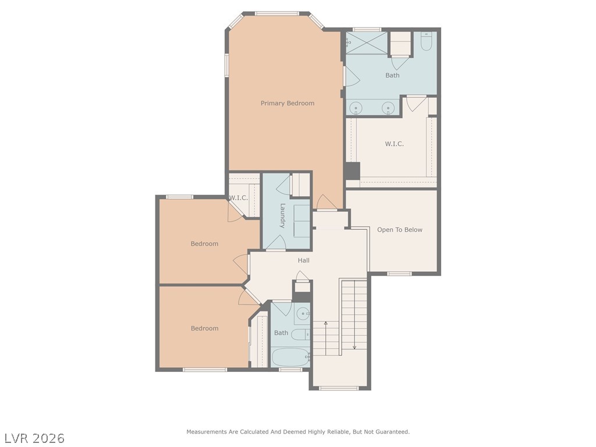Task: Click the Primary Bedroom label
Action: pos(288,103)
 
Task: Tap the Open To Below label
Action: pos(399,229)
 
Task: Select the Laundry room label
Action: pos(282,215)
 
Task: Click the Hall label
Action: pos(303,260)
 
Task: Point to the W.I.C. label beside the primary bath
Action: pos(394,144)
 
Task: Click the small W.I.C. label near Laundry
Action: pos(238,198)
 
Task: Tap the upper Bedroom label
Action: pos(204,243)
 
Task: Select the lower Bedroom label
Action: pos(204,328)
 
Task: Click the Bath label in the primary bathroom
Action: pos(392,75)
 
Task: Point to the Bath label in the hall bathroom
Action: pos(281,333)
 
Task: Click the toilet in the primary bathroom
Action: pos(426,41)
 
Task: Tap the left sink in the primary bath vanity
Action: pos(356,108)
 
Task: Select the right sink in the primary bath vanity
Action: pos(388,108)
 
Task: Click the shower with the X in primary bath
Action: pos(367,43)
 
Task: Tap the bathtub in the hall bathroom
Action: pos(290,357)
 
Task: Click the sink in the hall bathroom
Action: pos(301,315)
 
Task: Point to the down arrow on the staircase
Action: pos(354,347)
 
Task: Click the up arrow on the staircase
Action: pos(326,323)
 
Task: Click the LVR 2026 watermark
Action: pos(34,438)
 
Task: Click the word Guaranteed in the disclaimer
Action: pos(394,432)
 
